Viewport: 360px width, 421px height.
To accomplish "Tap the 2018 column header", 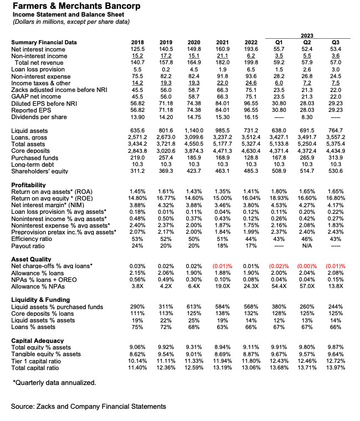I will pos(136,43).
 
